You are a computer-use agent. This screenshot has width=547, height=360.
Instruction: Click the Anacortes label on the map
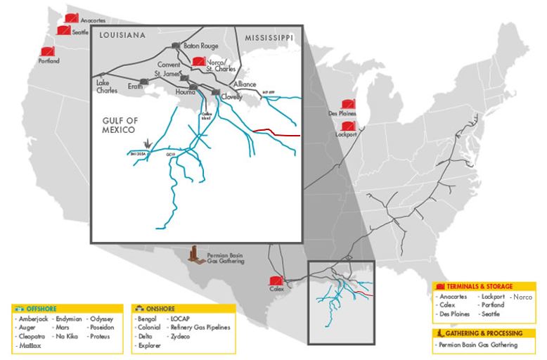pyautogui.click(x=93, y=21)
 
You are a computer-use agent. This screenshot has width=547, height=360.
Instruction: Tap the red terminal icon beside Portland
pyautogui.click(x=47, y=51)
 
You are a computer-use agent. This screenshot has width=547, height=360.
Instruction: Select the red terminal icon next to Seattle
pyautogui.click(x=63, y=31)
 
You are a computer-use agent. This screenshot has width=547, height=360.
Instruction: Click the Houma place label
pyautogui.click(x=184, y=93)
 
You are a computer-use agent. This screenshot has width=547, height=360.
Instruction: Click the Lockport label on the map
pyautogui.click(x=347, y=134)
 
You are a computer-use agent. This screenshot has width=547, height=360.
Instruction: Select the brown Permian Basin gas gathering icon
pyautogui.click(x=193, y=254)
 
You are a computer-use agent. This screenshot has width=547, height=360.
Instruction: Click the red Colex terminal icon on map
pyautogui.click(x=278, y=278)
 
